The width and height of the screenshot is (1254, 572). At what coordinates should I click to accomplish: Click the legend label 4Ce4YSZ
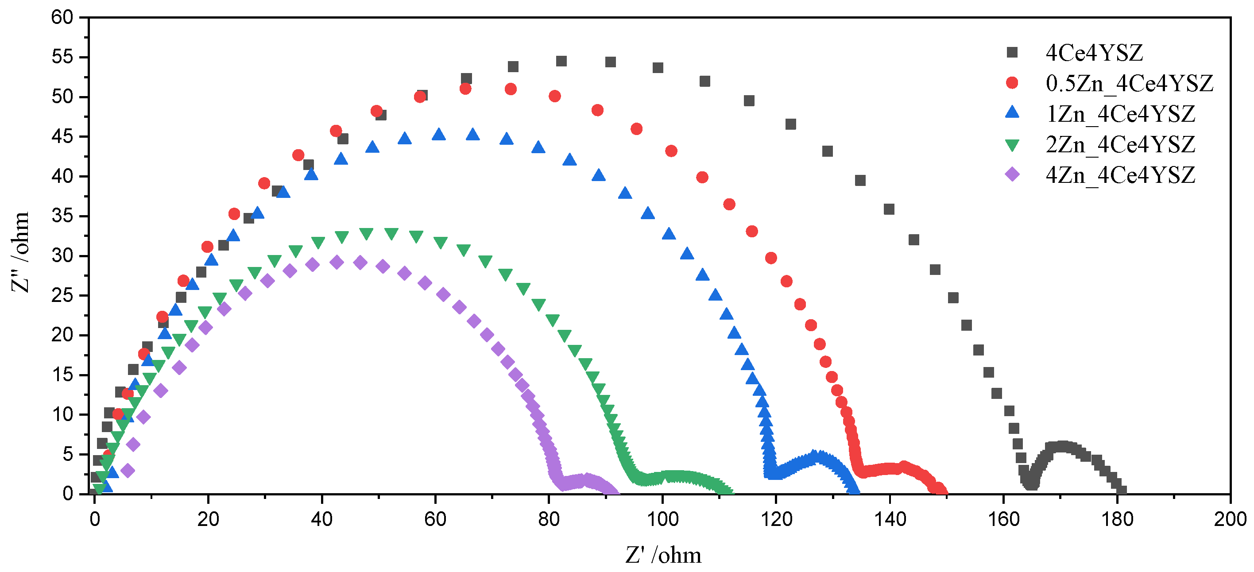pos(1094,53)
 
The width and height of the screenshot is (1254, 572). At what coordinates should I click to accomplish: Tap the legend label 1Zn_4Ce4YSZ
pos(1120,114)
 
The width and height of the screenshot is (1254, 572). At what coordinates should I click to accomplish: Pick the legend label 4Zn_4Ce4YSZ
pos(1120,175)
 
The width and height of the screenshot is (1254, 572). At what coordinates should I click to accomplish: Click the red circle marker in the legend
pos(1012,83)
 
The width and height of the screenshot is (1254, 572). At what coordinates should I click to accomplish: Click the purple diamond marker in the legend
pos(1012,174)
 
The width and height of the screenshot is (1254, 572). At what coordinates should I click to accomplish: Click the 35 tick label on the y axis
pos(62,216)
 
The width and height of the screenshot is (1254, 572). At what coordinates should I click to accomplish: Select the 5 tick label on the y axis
pos(68,454)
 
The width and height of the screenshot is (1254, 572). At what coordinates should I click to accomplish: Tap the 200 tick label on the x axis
pos(1230,519)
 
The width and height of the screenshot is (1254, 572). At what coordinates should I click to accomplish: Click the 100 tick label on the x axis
pos(662,519)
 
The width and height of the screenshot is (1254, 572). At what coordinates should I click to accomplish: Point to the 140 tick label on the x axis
pos(890,519)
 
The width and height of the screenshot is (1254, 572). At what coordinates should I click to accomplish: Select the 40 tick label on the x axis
pos(322,519)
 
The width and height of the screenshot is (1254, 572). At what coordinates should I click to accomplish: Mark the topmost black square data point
pos(561,61)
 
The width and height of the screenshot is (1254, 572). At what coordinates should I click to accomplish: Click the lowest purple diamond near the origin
pos(128,470)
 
